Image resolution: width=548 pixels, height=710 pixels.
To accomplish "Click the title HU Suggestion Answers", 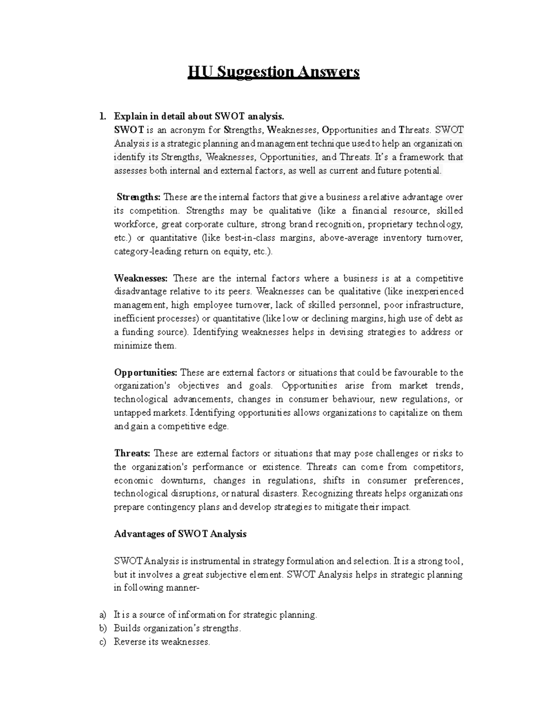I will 274,72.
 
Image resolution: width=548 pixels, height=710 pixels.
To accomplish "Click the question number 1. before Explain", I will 103,116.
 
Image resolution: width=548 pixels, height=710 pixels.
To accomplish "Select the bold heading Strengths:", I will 138,197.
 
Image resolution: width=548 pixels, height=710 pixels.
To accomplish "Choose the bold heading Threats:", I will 132,453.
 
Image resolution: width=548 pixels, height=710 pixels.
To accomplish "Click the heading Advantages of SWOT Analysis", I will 180,534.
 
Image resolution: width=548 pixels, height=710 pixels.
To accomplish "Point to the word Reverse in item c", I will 130,641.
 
